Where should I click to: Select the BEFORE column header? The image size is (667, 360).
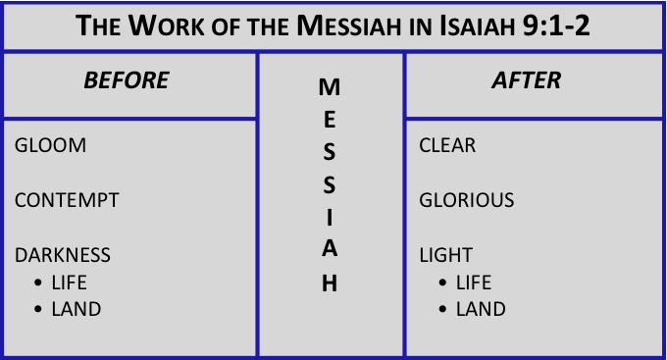[x=128, y=80]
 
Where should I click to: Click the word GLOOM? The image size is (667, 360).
[x=51, y=145]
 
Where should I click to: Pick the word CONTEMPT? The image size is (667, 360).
[x=67, y=200]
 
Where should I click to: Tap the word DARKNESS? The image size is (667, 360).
[x=63, y=255]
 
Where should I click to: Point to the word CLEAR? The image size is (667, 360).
[x=447, y=145]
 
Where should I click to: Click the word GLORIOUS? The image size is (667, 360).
[x=467, y=200]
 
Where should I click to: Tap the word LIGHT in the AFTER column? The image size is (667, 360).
[x=446, y=255]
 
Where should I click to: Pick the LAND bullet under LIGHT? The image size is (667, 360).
[x=481, y=309]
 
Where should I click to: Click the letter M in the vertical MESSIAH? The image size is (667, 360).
[x=331, y=87]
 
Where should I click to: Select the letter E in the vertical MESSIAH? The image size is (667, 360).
[x=331, y=120]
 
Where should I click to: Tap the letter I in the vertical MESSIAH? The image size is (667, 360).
[x=331, y=217]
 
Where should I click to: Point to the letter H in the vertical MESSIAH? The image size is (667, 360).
[x=331, y=283]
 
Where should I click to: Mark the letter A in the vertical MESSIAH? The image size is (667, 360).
[x=331, y=249]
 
